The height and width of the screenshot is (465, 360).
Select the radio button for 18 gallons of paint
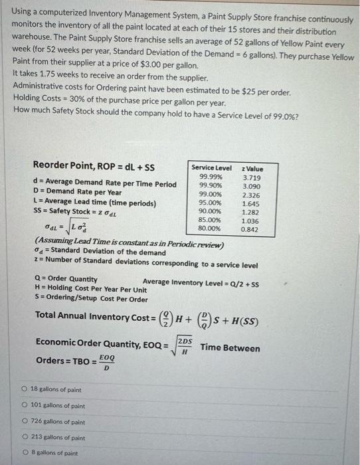coord(24,390)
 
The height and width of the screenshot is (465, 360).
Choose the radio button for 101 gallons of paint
coord(24,406)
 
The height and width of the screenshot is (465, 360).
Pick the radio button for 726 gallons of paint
coord(24,422)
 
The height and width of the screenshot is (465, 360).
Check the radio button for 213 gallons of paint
coord(24,438)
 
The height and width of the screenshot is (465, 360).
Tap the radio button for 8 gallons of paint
coord(24,454)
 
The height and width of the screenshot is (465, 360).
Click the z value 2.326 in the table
coord(252,195)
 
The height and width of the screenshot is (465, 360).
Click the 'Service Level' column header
coord(211,169)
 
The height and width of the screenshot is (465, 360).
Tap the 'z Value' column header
coord(252,169)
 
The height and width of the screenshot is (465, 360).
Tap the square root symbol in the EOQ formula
coord(175,345)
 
